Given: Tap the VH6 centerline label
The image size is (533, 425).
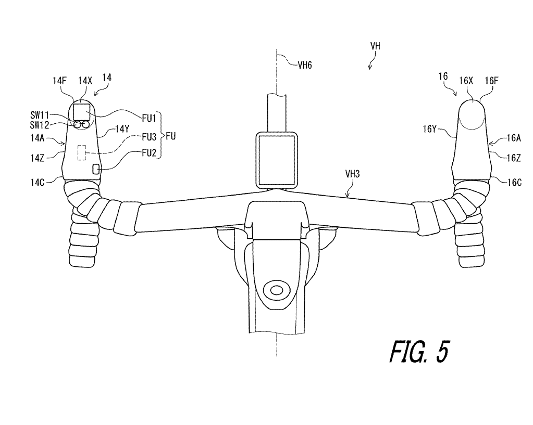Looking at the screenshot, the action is [305, 65].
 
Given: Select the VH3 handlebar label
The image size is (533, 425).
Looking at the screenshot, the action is [353, 174].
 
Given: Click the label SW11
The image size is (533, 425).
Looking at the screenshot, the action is [40, 115].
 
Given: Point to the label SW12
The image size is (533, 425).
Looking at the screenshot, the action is [40, 125].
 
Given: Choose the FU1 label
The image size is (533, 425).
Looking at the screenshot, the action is [149, 118].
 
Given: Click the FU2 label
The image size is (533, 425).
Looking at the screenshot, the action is [149, 153].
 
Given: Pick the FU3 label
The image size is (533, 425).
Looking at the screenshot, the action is [149, 137].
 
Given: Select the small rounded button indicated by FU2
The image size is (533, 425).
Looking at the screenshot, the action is [96, 169].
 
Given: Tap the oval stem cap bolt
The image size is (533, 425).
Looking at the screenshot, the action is [277, 290].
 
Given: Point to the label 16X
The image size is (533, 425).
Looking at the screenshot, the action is [466, 81].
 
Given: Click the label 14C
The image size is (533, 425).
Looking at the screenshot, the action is [38, 183].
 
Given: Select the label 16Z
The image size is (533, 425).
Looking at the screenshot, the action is [514, 158].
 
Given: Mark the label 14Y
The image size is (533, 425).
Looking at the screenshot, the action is [122, 129].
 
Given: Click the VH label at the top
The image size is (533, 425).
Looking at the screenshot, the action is [375, 46].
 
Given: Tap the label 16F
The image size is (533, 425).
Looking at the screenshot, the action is [491, 81].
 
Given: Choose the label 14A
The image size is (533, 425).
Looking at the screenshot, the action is [38, 138].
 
